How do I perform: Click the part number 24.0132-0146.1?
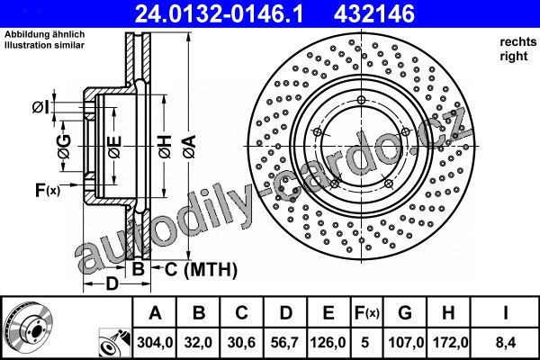(x=219, y=13)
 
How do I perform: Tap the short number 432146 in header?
(x=374, y=13)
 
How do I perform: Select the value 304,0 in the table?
(x=155, y=342)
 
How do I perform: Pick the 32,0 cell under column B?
(x=198, y=342)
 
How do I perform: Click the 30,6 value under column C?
(x=241, y=342)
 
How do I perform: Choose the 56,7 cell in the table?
(x=284, y=342)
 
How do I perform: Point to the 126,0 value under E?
(x=328, y=342)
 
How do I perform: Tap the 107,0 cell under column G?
(x=406, y=342)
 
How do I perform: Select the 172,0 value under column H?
(x=449, y=342)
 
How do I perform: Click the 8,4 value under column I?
(x=505, y=342)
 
